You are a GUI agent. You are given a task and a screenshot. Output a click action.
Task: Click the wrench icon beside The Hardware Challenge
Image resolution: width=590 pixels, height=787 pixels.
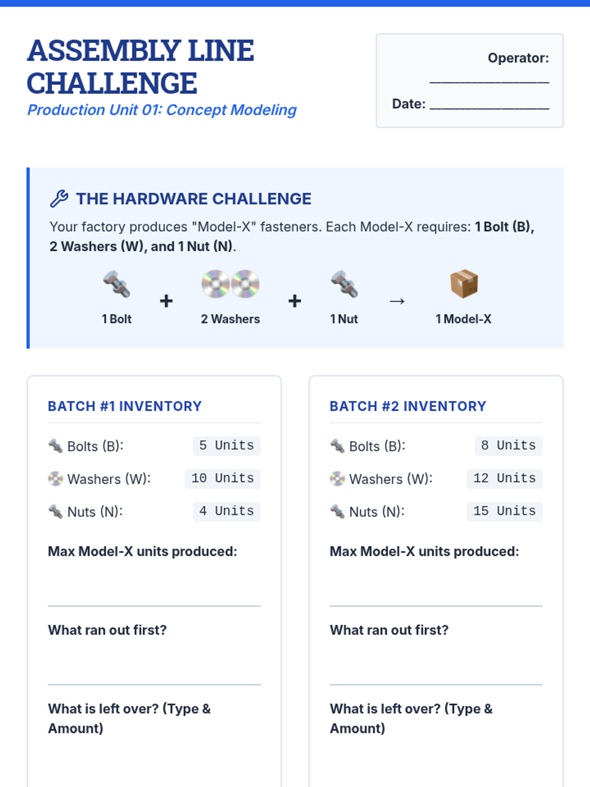[59, 199]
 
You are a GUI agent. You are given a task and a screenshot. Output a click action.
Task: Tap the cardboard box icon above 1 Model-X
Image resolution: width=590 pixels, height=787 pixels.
[464, 284]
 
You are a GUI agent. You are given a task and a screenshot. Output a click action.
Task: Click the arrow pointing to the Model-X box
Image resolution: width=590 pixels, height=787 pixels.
[397, 301]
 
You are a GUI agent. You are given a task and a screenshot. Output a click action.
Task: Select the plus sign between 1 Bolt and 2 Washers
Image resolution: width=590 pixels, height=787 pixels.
[166, 301]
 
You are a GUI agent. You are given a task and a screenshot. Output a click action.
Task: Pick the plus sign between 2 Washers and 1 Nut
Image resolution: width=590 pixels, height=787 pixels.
[295, 301]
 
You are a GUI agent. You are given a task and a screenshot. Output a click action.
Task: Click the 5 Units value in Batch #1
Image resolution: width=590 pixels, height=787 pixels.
[226, 446]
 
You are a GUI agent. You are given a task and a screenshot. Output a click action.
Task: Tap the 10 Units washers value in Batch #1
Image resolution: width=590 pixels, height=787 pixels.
[222, 479]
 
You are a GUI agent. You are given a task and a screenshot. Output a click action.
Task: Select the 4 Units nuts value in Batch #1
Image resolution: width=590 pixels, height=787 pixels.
[226, 511]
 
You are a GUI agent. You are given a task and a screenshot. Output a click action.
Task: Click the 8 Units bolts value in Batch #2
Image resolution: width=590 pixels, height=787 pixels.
[508, 446]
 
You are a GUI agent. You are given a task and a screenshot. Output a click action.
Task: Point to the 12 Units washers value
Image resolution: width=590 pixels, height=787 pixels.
[504, 479]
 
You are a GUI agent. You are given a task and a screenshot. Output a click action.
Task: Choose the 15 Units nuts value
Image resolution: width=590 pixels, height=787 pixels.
[504, 511]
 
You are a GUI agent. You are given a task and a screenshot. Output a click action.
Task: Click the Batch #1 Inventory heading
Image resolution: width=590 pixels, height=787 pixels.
[125, 406]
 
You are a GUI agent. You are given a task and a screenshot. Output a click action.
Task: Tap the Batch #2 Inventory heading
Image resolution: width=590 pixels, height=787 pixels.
[408, 406]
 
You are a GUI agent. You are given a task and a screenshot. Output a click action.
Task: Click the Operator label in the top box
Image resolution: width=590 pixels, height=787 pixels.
[518, 58]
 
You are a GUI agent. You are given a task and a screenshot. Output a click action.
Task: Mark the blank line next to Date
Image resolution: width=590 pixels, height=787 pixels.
[489, 108]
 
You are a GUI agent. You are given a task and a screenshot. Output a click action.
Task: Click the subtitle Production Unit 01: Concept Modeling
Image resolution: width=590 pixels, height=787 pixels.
[162, 110]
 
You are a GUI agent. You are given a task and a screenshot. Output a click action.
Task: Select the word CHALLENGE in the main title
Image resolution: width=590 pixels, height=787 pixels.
[112, 83]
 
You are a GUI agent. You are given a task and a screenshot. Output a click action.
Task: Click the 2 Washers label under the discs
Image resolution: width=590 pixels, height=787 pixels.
[230, 319]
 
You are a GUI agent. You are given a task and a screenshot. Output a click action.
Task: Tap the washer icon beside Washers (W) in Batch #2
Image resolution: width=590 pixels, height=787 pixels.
[337, 479]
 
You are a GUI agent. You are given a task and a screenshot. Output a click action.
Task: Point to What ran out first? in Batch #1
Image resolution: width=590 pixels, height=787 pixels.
[108, 630]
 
